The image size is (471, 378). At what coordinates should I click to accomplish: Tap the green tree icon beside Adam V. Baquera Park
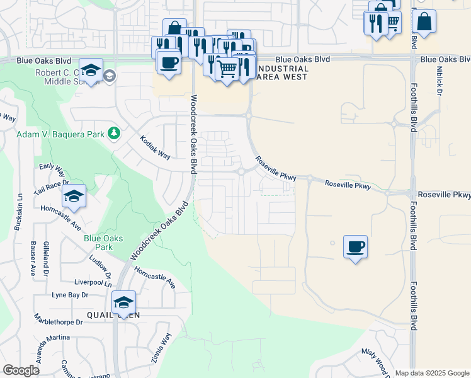[x=114, y=133]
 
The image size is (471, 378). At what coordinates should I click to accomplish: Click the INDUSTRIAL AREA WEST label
[x=283, y=72]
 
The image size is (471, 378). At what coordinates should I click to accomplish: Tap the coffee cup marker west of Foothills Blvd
[x=355, y=246]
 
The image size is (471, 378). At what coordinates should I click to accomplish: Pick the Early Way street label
[x=52, y=169]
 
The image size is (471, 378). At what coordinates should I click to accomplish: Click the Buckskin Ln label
[x=20, y=210]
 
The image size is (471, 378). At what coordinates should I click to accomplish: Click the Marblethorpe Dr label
[x=59, y=321]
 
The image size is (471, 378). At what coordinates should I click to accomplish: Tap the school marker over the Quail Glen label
[x=123, y=302]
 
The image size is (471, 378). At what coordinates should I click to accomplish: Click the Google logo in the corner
[x=21, y=370]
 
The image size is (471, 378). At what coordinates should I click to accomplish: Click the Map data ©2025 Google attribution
[x=431, y=373]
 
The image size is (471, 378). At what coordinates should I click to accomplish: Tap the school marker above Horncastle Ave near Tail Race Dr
[x=74, y=197]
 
